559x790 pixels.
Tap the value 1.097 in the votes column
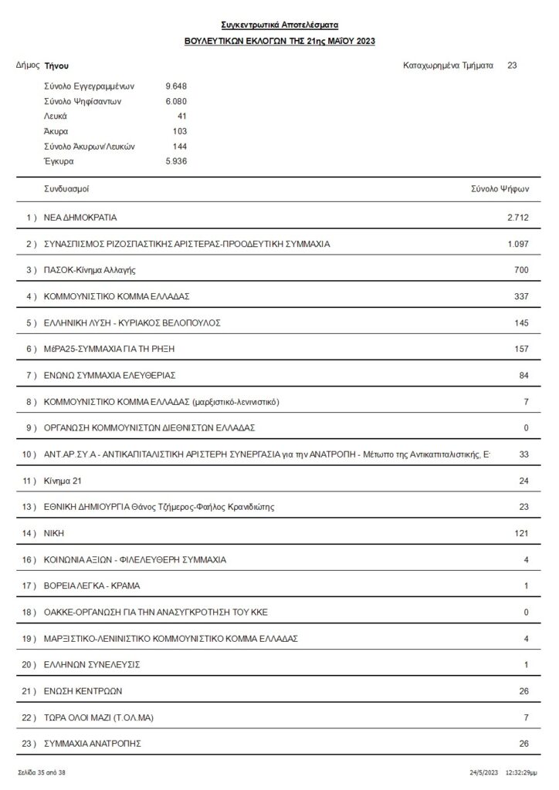tap(517, 244)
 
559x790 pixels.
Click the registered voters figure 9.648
tap(176, 86)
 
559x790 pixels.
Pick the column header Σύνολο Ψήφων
tap(500, 188)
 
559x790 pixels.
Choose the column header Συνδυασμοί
tap(71, 188)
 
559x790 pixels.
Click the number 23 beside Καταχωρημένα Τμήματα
tap(512, 66)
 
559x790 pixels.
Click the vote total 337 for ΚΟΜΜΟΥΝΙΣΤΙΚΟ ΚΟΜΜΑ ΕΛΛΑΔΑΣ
tap(521, 296)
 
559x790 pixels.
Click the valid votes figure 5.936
tap(176, 161)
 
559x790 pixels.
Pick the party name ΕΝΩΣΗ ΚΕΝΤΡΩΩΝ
tap(83, 690)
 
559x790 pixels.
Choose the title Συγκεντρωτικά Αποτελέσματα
tap(279, 25)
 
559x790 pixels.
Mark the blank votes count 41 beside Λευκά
tap(181, 116)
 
